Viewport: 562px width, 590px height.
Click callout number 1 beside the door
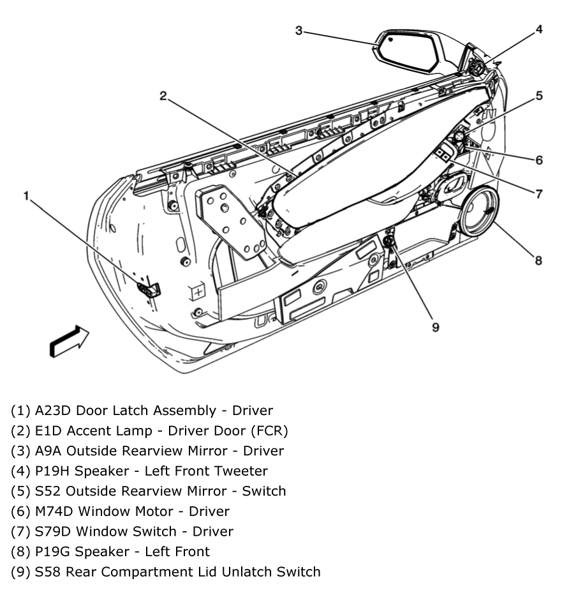[27, 195]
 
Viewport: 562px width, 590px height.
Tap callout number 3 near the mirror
[299, 30]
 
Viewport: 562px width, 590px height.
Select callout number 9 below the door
[436, 327]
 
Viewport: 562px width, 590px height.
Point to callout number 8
[539, 260]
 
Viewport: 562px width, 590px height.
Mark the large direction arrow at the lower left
[69, 340]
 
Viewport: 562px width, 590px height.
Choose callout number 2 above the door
[163, 96]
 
